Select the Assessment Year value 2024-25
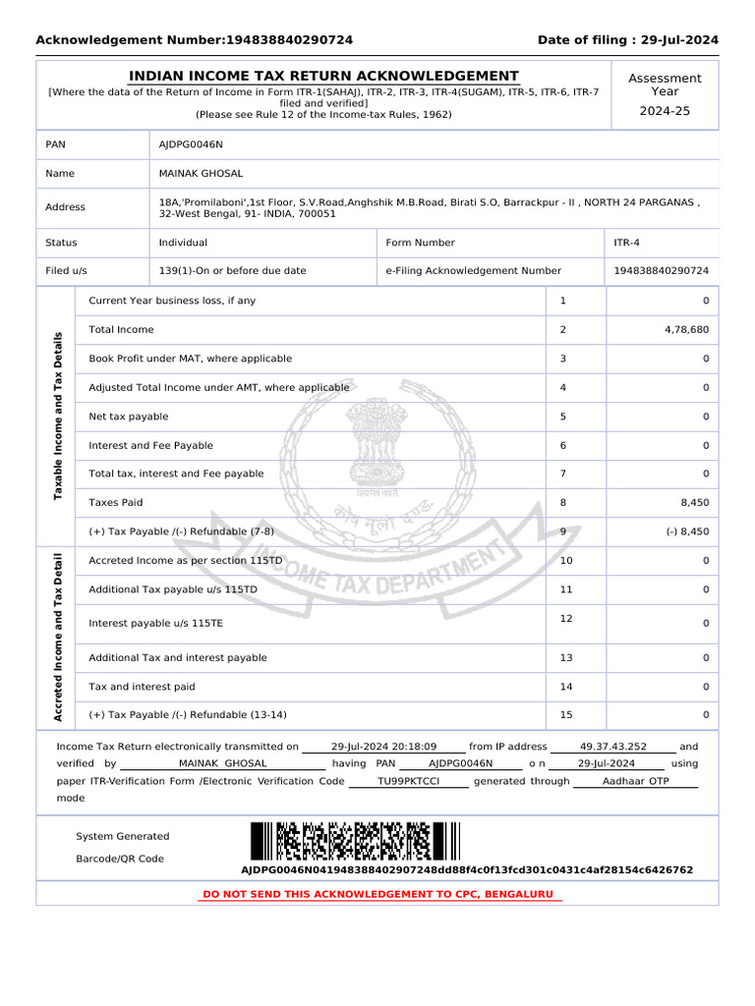click(665, 111)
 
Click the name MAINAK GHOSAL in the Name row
click(199, 173)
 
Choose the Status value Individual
click(183, 243)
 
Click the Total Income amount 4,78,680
click(686, 330)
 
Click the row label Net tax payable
click(128, 417)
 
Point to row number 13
click(565, 658)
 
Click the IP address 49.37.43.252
click(613, 747)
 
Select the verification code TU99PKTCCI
click(409, 781)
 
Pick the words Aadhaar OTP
click(635, 781)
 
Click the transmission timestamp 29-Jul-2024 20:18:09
click(383, 747)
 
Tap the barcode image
click(354, 841)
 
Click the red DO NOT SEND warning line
click(378, 895)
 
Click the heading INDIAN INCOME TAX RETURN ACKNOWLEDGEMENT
click(324, 77)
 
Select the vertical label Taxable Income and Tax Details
click(57, 416)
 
